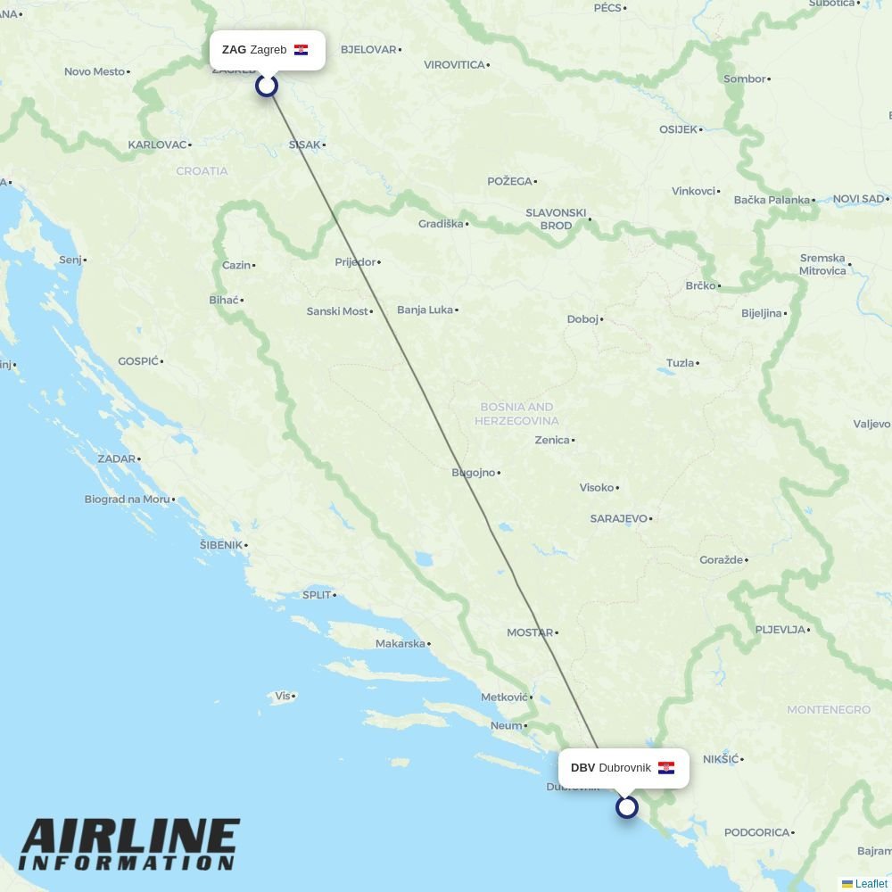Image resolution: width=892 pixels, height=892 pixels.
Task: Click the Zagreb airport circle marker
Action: (267, 86)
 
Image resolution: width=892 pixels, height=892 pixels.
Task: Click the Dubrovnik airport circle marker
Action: (627, 807)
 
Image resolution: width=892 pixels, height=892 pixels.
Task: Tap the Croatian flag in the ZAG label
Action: (301, 50)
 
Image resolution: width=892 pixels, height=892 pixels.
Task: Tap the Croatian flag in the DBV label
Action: (666, 768)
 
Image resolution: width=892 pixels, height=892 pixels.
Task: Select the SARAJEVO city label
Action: (618, 518)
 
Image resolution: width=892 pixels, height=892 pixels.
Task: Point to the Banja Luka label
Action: (425, 310)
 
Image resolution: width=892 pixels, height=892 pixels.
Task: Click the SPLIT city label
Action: (317, 595)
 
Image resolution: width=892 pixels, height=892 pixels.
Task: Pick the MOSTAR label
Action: (530, 632)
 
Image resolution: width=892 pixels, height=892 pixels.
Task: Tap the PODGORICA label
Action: (757, 832)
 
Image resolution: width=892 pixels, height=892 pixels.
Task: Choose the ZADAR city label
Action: (117, 458)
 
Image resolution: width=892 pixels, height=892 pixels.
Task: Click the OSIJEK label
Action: (678, 129)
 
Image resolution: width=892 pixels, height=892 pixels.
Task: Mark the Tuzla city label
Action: (680, 363)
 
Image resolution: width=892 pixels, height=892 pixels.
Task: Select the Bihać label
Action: (224, 300)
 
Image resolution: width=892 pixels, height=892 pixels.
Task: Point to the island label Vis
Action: (283, 696)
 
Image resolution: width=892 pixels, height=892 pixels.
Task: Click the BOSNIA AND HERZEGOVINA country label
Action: (516, 414)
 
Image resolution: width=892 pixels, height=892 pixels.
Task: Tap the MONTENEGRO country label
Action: (828, 710)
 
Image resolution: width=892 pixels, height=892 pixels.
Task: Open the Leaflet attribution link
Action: (871, 884)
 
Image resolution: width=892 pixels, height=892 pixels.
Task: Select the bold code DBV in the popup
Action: (582, 768)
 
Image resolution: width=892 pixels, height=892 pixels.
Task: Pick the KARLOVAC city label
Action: (157, 145)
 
